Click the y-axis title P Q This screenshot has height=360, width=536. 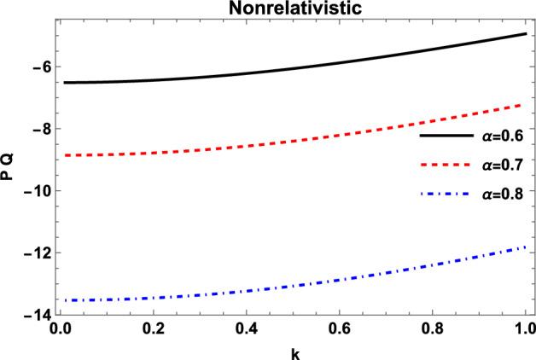click(x=9, y=170)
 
